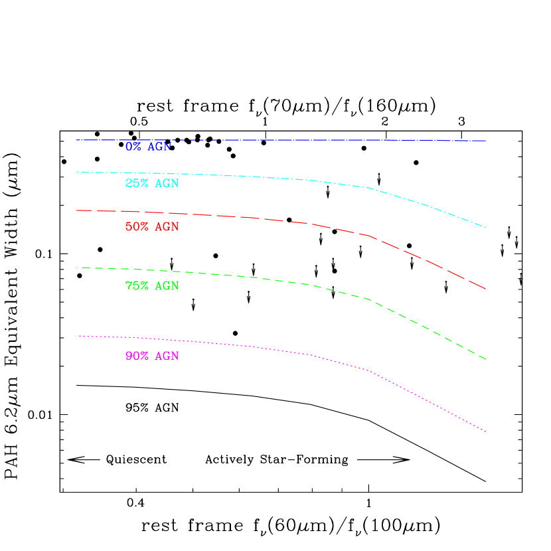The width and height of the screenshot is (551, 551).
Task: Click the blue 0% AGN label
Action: point(148,147)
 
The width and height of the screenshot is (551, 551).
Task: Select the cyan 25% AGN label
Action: point(152,184)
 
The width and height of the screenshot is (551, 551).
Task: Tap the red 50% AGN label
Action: point(152,227)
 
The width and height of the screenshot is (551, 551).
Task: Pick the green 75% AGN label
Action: point(152,287)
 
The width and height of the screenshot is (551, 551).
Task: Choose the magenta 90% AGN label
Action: point(152,356)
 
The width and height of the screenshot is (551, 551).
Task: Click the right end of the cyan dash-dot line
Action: point(486,228)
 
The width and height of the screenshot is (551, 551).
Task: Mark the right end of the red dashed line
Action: point(486,289)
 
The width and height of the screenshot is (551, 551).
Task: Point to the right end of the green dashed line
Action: point(486,359)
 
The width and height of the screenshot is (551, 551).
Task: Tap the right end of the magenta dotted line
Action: point(486,432)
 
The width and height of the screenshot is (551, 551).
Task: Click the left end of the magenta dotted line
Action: point(77,336)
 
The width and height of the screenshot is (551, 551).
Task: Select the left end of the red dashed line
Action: point(77,210)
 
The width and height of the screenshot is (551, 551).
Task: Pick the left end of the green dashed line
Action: point(77,268)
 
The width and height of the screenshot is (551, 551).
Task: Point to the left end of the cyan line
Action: point(77,172)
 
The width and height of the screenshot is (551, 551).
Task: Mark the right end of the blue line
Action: point(486,141)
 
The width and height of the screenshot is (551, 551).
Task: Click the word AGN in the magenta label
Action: point(167,356)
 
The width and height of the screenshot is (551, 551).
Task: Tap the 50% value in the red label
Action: point(137,227)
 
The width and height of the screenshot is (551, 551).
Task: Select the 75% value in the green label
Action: point(137,287)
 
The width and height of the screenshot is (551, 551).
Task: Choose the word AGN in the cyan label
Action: point(167,184)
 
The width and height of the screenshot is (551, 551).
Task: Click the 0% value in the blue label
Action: point(133,147)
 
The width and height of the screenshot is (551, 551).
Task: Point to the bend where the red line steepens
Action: point(369,236)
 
